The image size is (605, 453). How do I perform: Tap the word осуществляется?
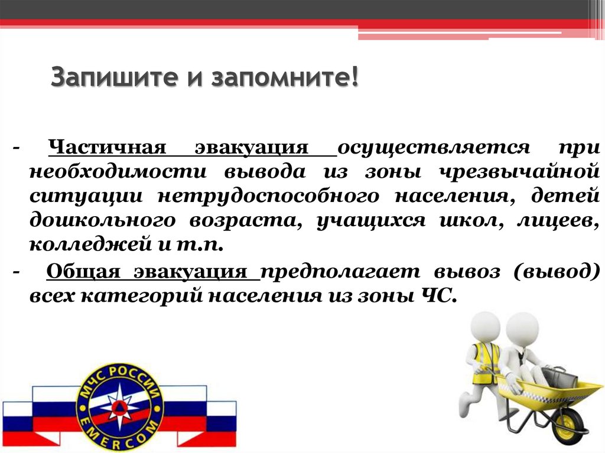434,147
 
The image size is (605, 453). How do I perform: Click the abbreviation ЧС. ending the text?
440,295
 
